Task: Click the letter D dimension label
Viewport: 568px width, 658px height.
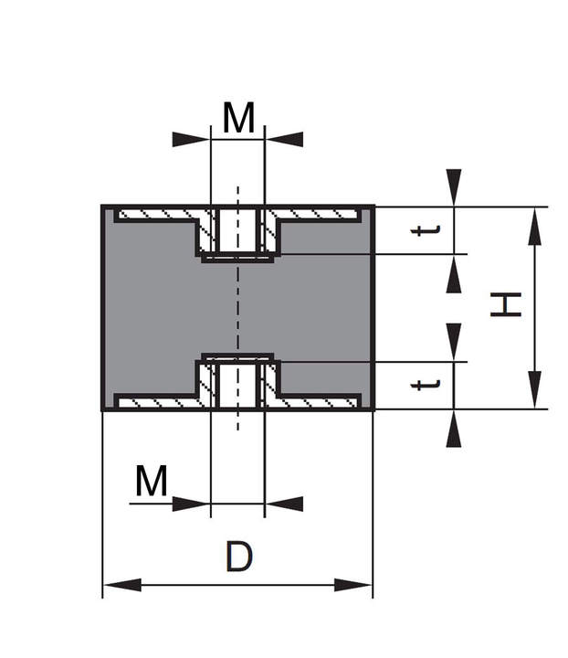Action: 238,557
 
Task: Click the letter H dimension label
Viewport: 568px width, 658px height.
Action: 505,305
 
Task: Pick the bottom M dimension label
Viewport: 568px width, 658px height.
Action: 152,482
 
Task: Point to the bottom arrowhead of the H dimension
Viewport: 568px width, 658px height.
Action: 535,390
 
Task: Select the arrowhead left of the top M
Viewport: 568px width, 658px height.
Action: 191,139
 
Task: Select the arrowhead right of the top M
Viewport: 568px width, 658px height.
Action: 284,139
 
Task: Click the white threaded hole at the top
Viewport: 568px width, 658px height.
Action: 237,229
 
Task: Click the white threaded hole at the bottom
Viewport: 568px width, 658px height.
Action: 237,384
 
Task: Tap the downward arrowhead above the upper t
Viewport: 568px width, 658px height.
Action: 454,188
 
